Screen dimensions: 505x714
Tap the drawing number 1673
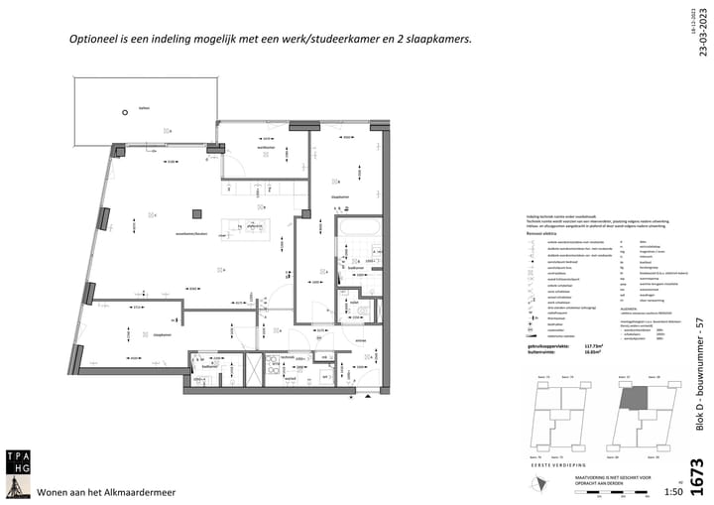tap(697, 474)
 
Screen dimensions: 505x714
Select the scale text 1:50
tap(671, 492)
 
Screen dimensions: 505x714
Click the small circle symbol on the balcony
tap(125, 113)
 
